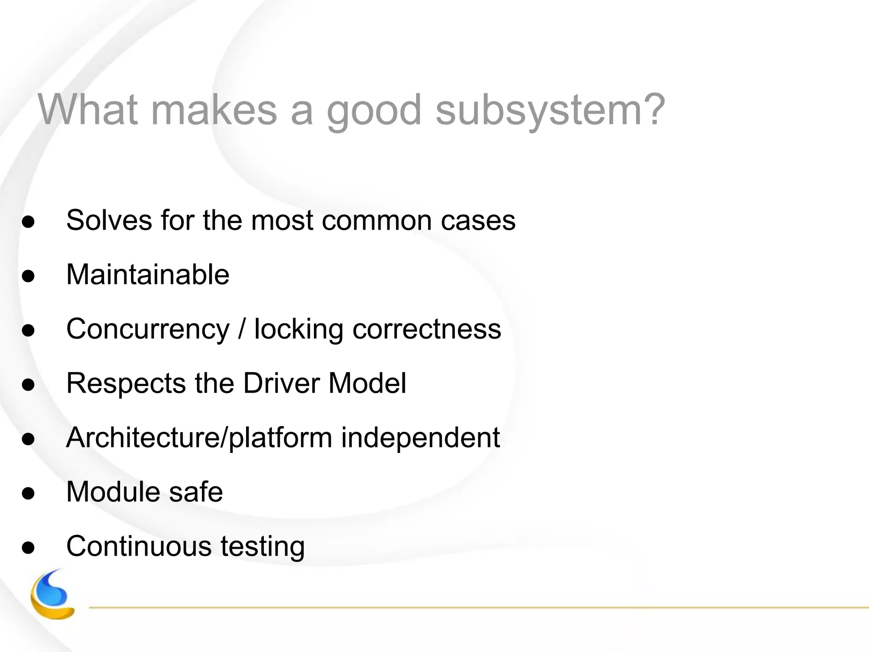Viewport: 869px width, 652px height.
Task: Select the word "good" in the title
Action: click(374, 111)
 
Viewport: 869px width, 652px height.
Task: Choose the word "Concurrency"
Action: click(148, 330)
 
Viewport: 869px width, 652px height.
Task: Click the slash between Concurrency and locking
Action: click(242, 329)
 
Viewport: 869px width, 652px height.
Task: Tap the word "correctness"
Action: click(426, 329)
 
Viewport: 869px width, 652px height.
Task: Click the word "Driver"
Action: click(281, 383)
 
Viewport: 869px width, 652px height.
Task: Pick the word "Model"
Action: click(367, 383)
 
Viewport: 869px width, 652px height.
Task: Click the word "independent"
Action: click(420, 438)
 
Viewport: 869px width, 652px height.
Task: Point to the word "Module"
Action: click(113, 492)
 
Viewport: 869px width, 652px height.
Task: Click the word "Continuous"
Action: click(139, 546)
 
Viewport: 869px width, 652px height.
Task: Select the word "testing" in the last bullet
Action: click(262, 547)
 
